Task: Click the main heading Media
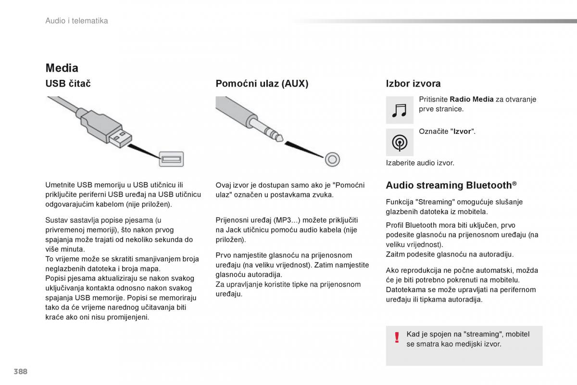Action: [62, 68]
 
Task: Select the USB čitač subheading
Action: [68, 84]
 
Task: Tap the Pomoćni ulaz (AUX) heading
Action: [262, 84]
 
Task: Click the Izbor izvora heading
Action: [413, 84]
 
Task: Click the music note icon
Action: [400, 110]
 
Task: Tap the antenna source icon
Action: [400, 142]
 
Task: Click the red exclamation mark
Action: [397, 337]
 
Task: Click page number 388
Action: [21, 372]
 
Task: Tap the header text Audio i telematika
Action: [76, 21]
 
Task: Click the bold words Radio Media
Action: [471, 100]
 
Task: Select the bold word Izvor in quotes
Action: [462, 131]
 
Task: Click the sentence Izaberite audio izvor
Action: [420, 163]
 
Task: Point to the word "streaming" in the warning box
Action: [481, 334]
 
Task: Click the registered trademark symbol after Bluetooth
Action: [514, 183]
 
